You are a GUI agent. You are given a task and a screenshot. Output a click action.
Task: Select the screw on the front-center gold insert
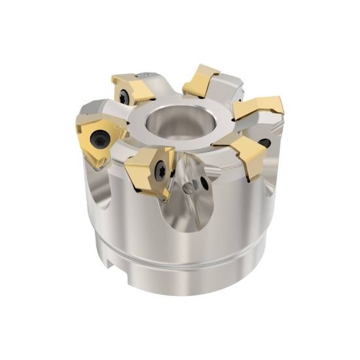tap(157, 163)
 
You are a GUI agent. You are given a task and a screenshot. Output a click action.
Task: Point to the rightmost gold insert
tap(259, 108)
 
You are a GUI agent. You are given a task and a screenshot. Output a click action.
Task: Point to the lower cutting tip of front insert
tap(166, 196)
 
